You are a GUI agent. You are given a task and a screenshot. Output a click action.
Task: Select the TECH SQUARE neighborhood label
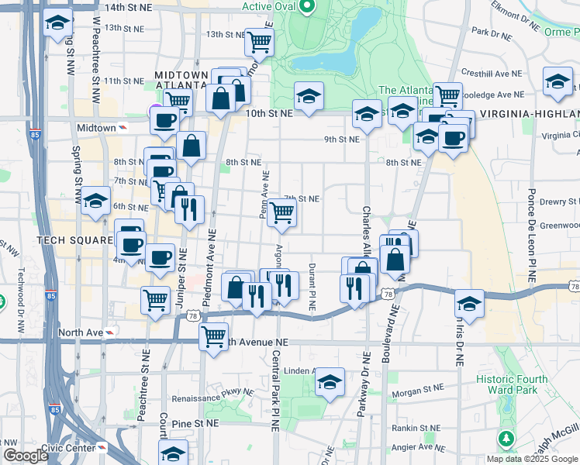click(x=74, y=240)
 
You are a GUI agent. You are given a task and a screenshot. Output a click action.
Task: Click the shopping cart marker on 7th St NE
click(x=281, y=212)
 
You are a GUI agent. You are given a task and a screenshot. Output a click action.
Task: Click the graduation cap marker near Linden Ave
click(x=330, y=381)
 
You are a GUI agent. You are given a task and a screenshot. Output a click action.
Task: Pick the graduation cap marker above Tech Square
click(x=96, y=201)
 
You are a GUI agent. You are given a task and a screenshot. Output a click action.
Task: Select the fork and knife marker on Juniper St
click(x=189, y=209)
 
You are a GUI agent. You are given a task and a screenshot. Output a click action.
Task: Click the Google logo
click(x=26, y=456)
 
